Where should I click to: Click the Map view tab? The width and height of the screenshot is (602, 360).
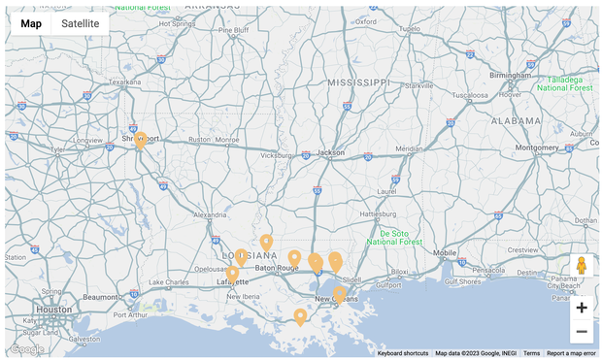31,23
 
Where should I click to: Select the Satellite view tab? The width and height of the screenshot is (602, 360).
81,23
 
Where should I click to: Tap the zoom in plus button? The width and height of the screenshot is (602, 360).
581,308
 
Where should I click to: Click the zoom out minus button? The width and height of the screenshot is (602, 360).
581,332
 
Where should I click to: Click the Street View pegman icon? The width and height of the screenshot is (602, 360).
581,266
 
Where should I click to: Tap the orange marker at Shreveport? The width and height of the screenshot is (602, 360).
141,141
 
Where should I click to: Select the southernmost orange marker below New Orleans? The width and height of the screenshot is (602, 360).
300,316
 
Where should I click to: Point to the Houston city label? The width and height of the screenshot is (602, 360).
54,310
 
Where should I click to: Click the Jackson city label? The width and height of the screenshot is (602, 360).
331,152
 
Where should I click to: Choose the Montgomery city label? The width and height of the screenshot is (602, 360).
536,147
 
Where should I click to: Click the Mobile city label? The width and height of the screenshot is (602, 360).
445,252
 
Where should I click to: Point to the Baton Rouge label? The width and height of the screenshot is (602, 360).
277,267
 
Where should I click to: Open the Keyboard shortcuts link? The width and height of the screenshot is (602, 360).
402,353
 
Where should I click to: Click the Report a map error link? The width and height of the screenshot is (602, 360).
571,353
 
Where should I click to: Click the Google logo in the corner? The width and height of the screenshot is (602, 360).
26,348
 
